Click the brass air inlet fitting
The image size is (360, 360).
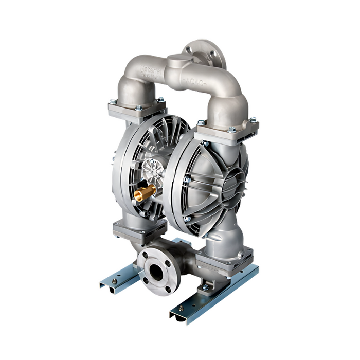pos(146,193)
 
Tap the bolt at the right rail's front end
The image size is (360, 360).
pos(181,310)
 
